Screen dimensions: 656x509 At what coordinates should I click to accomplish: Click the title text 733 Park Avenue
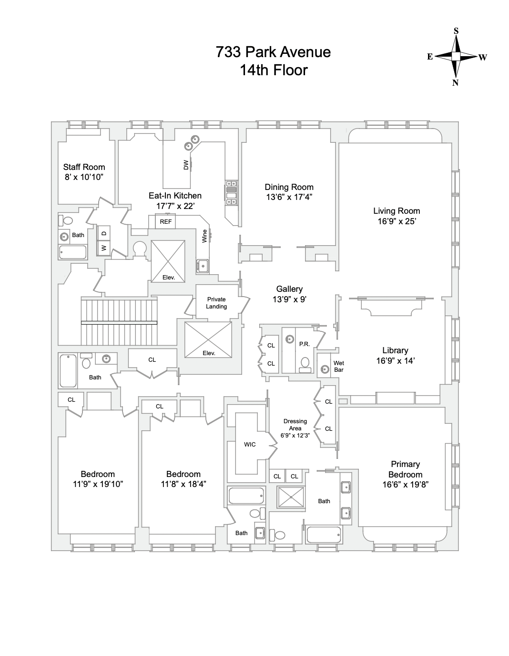[x=273, y=51]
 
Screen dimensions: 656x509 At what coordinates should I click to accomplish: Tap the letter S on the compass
[x=456, y=31]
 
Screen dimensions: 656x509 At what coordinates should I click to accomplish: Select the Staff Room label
[x=84, y=167]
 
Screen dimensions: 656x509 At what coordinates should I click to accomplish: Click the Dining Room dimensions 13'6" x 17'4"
[x=289, y=197]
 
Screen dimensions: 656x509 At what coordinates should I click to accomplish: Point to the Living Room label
[x=397, y=211]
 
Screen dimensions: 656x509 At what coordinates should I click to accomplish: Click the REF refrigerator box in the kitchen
[x=165, y=222]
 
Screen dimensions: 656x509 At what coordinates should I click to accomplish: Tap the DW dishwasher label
[x=186, y=165]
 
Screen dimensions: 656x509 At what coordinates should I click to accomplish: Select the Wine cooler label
[x=205, y=236]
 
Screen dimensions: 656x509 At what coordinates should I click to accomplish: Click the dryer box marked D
[x=104, y=233]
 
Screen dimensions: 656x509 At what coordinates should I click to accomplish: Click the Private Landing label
[x=216, y=303]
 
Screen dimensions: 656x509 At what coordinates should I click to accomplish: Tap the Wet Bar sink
[x=326, y=369]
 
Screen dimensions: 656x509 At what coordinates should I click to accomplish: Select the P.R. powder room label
[x=304, y=344]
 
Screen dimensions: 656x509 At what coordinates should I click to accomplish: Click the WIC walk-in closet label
[x=250, y=445]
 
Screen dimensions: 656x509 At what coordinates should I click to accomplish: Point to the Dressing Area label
[x=295, y=425]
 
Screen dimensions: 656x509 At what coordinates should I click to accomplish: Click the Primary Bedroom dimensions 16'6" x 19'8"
[x=405, y=485]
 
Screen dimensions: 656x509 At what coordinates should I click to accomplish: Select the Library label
[x=395, y=350]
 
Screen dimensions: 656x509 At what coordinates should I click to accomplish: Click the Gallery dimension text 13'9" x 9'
[x=289, y=299]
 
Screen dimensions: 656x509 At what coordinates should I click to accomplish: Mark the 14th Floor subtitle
[x=273, y=70]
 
